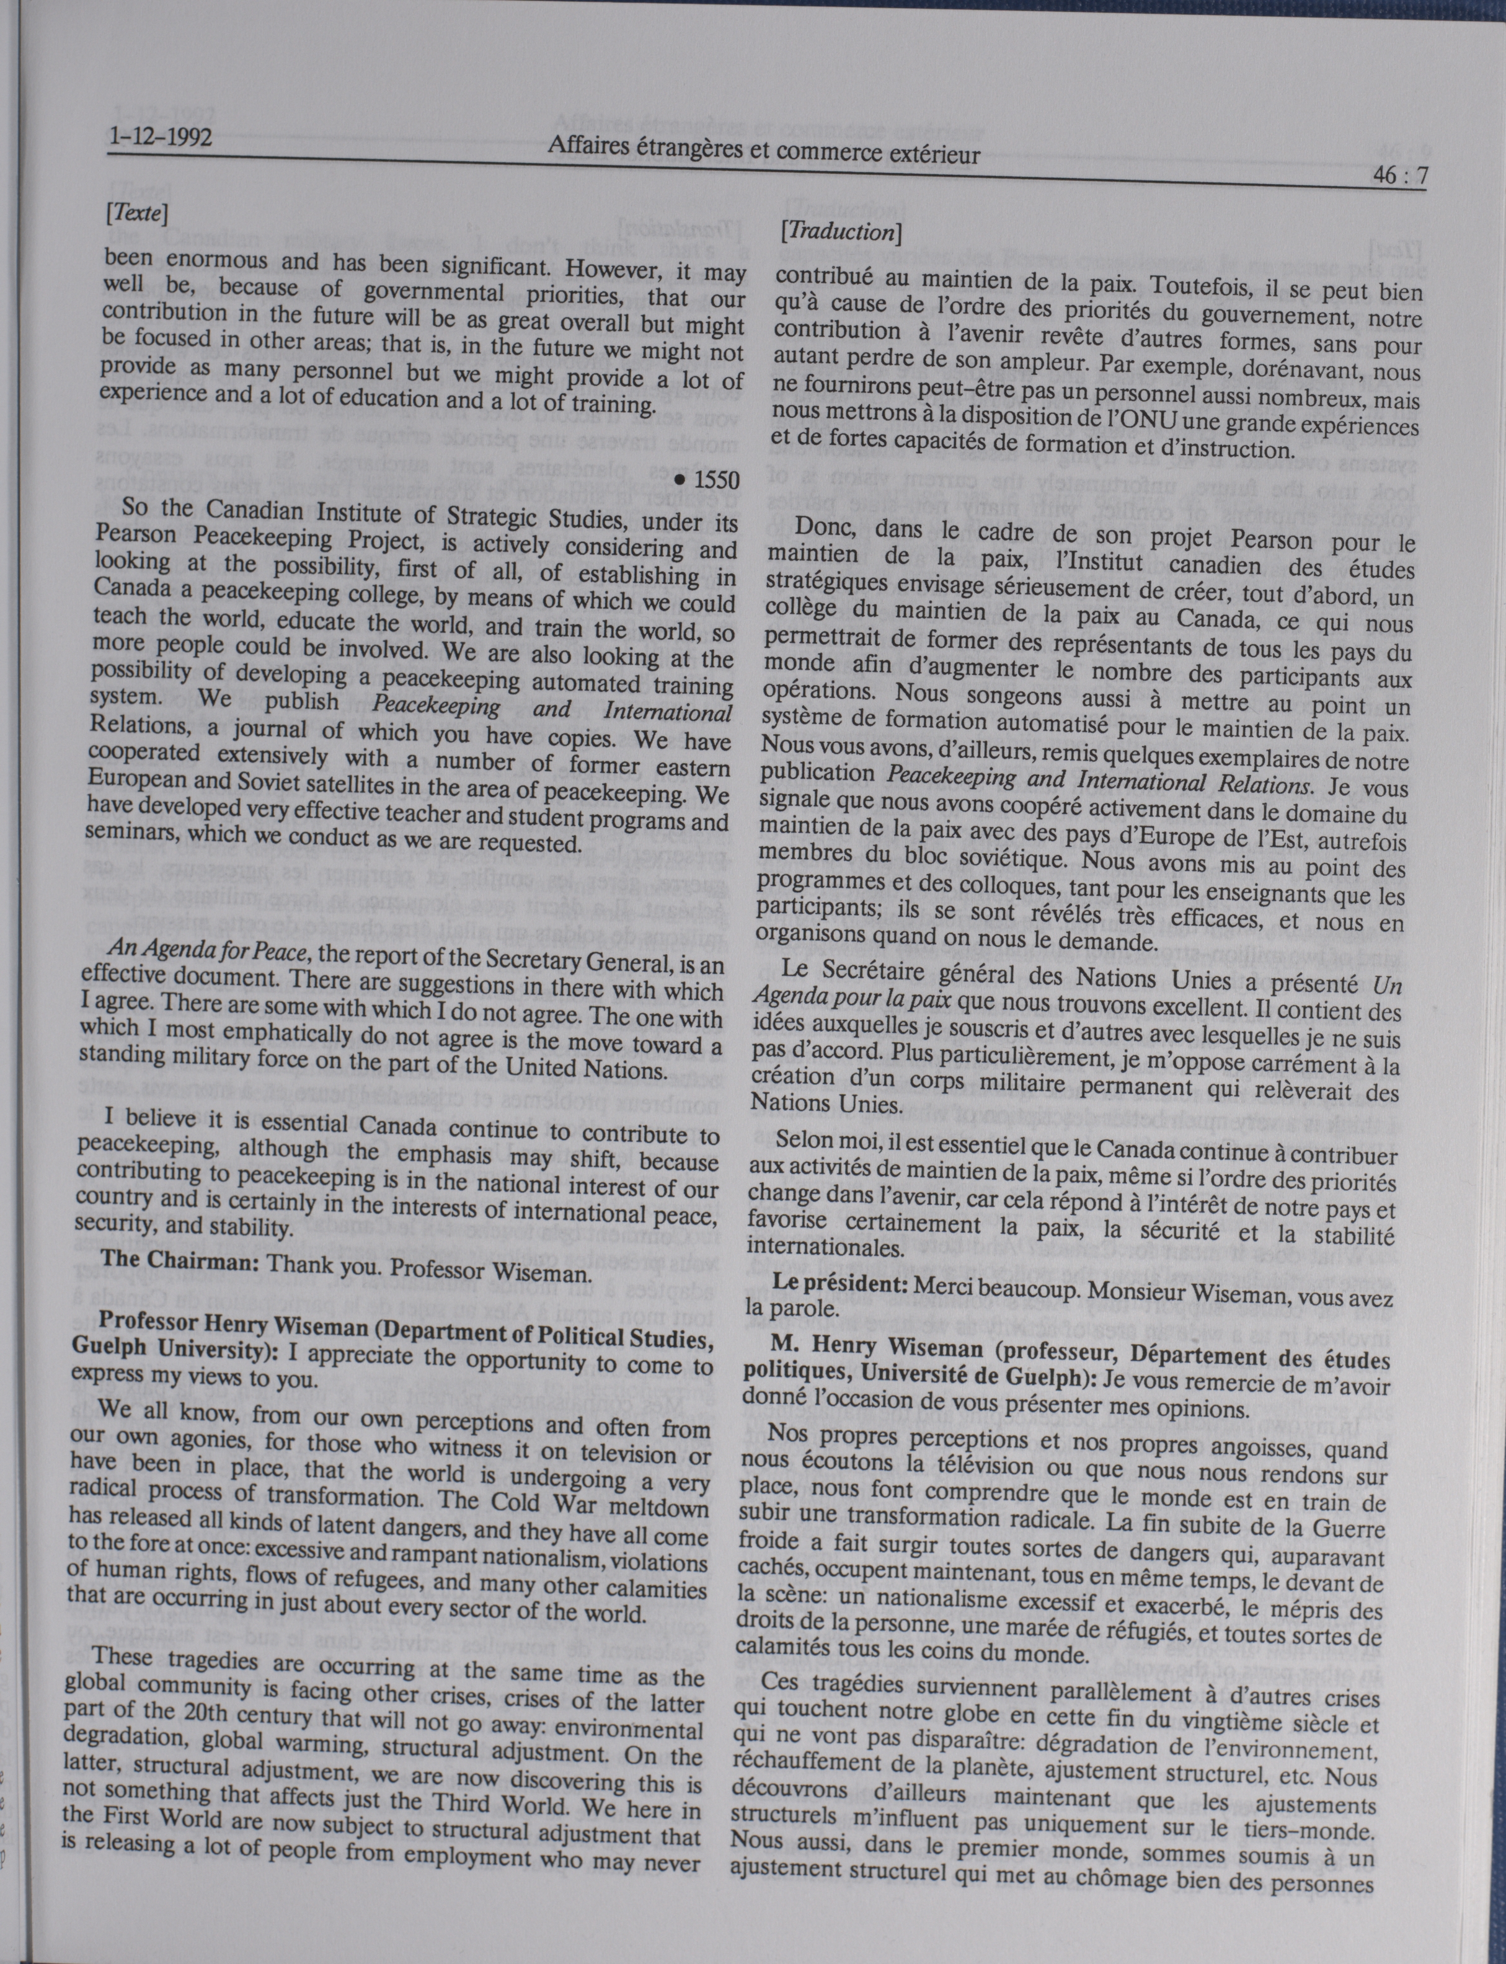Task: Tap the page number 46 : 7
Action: (1399, 177)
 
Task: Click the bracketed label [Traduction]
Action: (840, 232)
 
